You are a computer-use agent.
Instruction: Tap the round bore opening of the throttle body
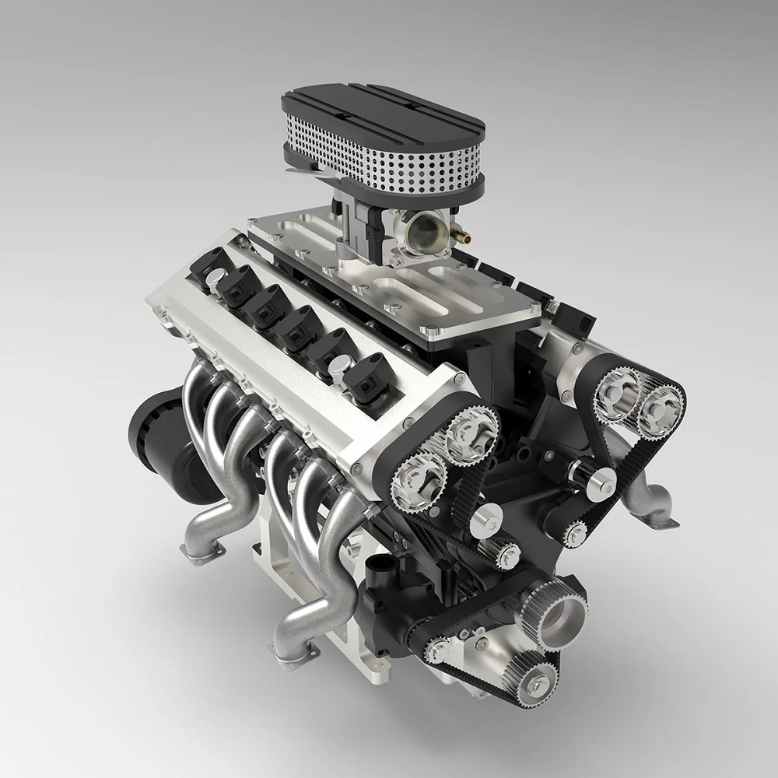point(425,230)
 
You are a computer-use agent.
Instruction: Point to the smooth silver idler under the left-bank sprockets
point(485,518)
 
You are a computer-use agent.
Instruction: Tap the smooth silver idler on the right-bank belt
point(599,482)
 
